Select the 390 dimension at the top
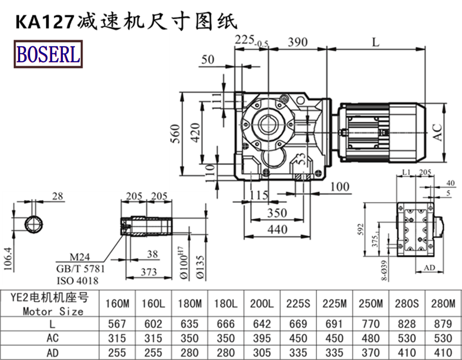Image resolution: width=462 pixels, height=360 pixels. click(297, 42)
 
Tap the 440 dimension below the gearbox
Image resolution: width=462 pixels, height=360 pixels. click(277, 229)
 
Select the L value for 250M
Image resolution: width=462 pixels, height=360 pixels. click(370, 324)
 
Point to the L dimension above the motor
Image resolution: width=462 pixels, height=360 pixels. click(376, 42)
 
